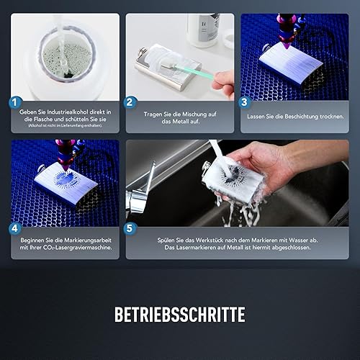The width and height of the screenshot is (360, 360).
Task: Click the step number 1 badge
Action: pos(15,102)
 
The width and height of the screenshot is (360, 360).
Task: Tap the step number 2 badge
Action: pos(130,102)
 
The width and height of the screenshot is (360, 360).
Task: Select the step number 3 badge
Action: pos(244,102)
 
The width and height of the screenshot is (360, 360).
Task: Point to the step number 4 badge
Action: pos(15,228)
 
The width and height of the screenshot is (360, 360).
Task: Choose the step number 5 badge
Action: pos(130,228)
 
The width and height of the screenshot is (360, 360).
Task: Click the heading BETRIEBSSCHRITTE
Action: pos(180,315)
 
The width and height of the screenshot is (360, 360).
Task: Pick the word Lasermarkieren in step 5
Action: pos(196,248)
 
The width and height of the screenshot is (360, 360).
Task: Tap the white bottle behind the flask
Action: pos(204,30)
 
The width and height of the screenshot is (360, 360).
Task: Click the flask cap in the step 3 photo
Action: pos(266,48)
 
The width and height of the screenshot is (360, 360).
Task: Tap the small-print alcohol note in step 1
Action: pos(66,125)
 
